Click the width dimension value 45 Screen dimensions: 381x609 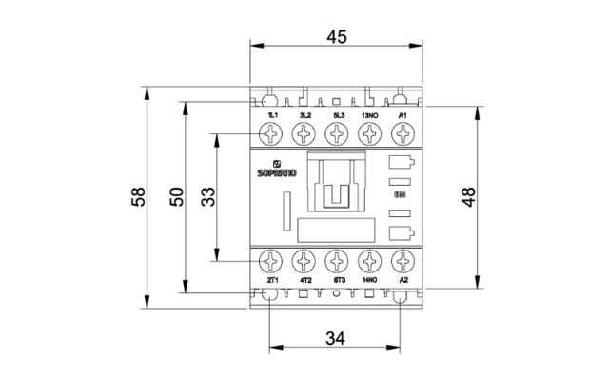(x=336, y=37)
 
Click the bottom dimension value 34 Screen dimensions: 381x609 (x=336, y=337)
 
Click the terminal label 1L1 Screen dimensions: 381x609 (x=271, y=115)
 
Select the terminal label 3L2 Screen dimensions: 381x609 (x=304, y=115)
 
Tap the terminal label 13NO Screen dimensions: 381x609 (x=370, y=115)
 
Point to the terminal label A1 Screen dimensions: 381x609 (x=403, y=115)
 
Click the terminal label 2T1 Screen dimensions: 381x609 (x=271, y=280)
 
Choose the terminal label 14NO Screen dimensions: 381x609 (x=370, y=280)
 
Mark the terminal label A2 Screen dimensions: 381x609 (x=403, y=280)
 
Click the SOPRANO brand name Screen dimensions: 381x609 (x=277, y=174)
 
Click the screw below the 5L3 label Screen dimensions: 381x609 (x=337, y=135)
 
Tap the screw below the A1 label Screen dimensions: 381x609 (x=403, y=135)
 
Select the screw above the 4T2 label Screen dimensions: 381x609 (x=304, y=260)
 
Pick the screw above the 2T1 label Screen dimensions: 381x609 (x=271, y=260)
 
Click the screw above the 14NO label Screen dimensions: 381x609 (x=370, y=260)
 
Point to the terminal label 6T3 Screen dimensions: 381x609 (x=337, y=280)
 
